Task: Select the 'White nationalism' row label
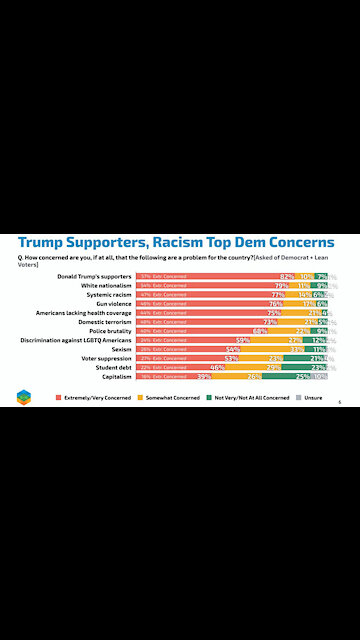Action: tap(107, 285)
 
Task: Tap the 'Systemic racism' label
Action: tap(109, 294)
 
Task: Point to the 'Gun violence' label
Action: tap(113, 303)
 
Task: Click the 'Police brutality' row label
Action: tap(112, 330)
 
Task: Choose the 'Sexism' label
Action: tap(122, 348)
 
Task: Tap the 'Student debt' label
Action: tap(114, 366)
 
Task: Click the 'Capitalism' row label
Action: tap(117, 375)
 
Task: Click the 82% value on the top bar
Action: tap(286, 276)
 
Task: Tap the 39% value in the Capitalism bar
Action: tap(203, 375)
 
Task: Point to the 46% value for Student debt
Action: tap(216, 366)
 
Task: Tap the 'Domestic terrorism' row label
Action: tap(106, 321)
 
